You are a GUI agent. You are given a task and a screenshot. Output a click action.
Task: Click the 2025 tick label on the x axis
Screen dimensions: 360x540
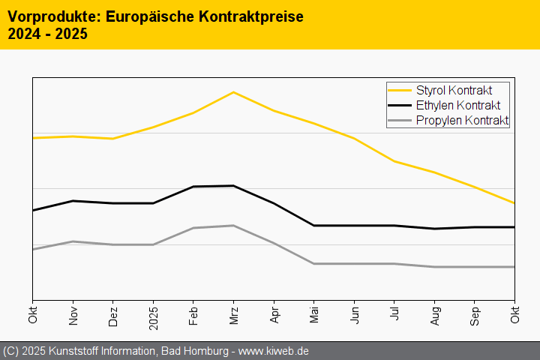(x=154, y=315)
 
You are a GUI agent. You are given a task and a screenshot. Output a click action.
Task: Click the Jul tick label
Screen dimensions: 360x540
(x=394, y=313)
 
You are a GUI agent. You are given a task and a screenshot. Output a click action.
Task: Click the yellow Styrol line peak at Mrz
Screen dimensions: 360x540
(x=234, y=92)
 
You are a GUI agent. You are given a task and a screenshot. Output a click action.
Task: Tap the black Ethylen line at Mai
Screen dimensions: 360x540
(x=314, y=226)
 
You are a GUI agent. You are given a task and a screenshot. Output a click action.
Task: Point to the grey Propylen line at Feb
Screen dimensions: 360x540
(x=193, y=228)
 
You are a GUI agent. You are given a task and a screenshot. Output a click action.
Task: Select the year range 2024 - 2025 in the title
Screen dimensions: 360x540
(x=47, y=34)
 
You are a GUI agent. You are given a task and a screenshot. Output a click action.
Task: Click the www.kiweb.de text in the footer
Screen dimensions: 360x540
(x=274, y=351)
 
